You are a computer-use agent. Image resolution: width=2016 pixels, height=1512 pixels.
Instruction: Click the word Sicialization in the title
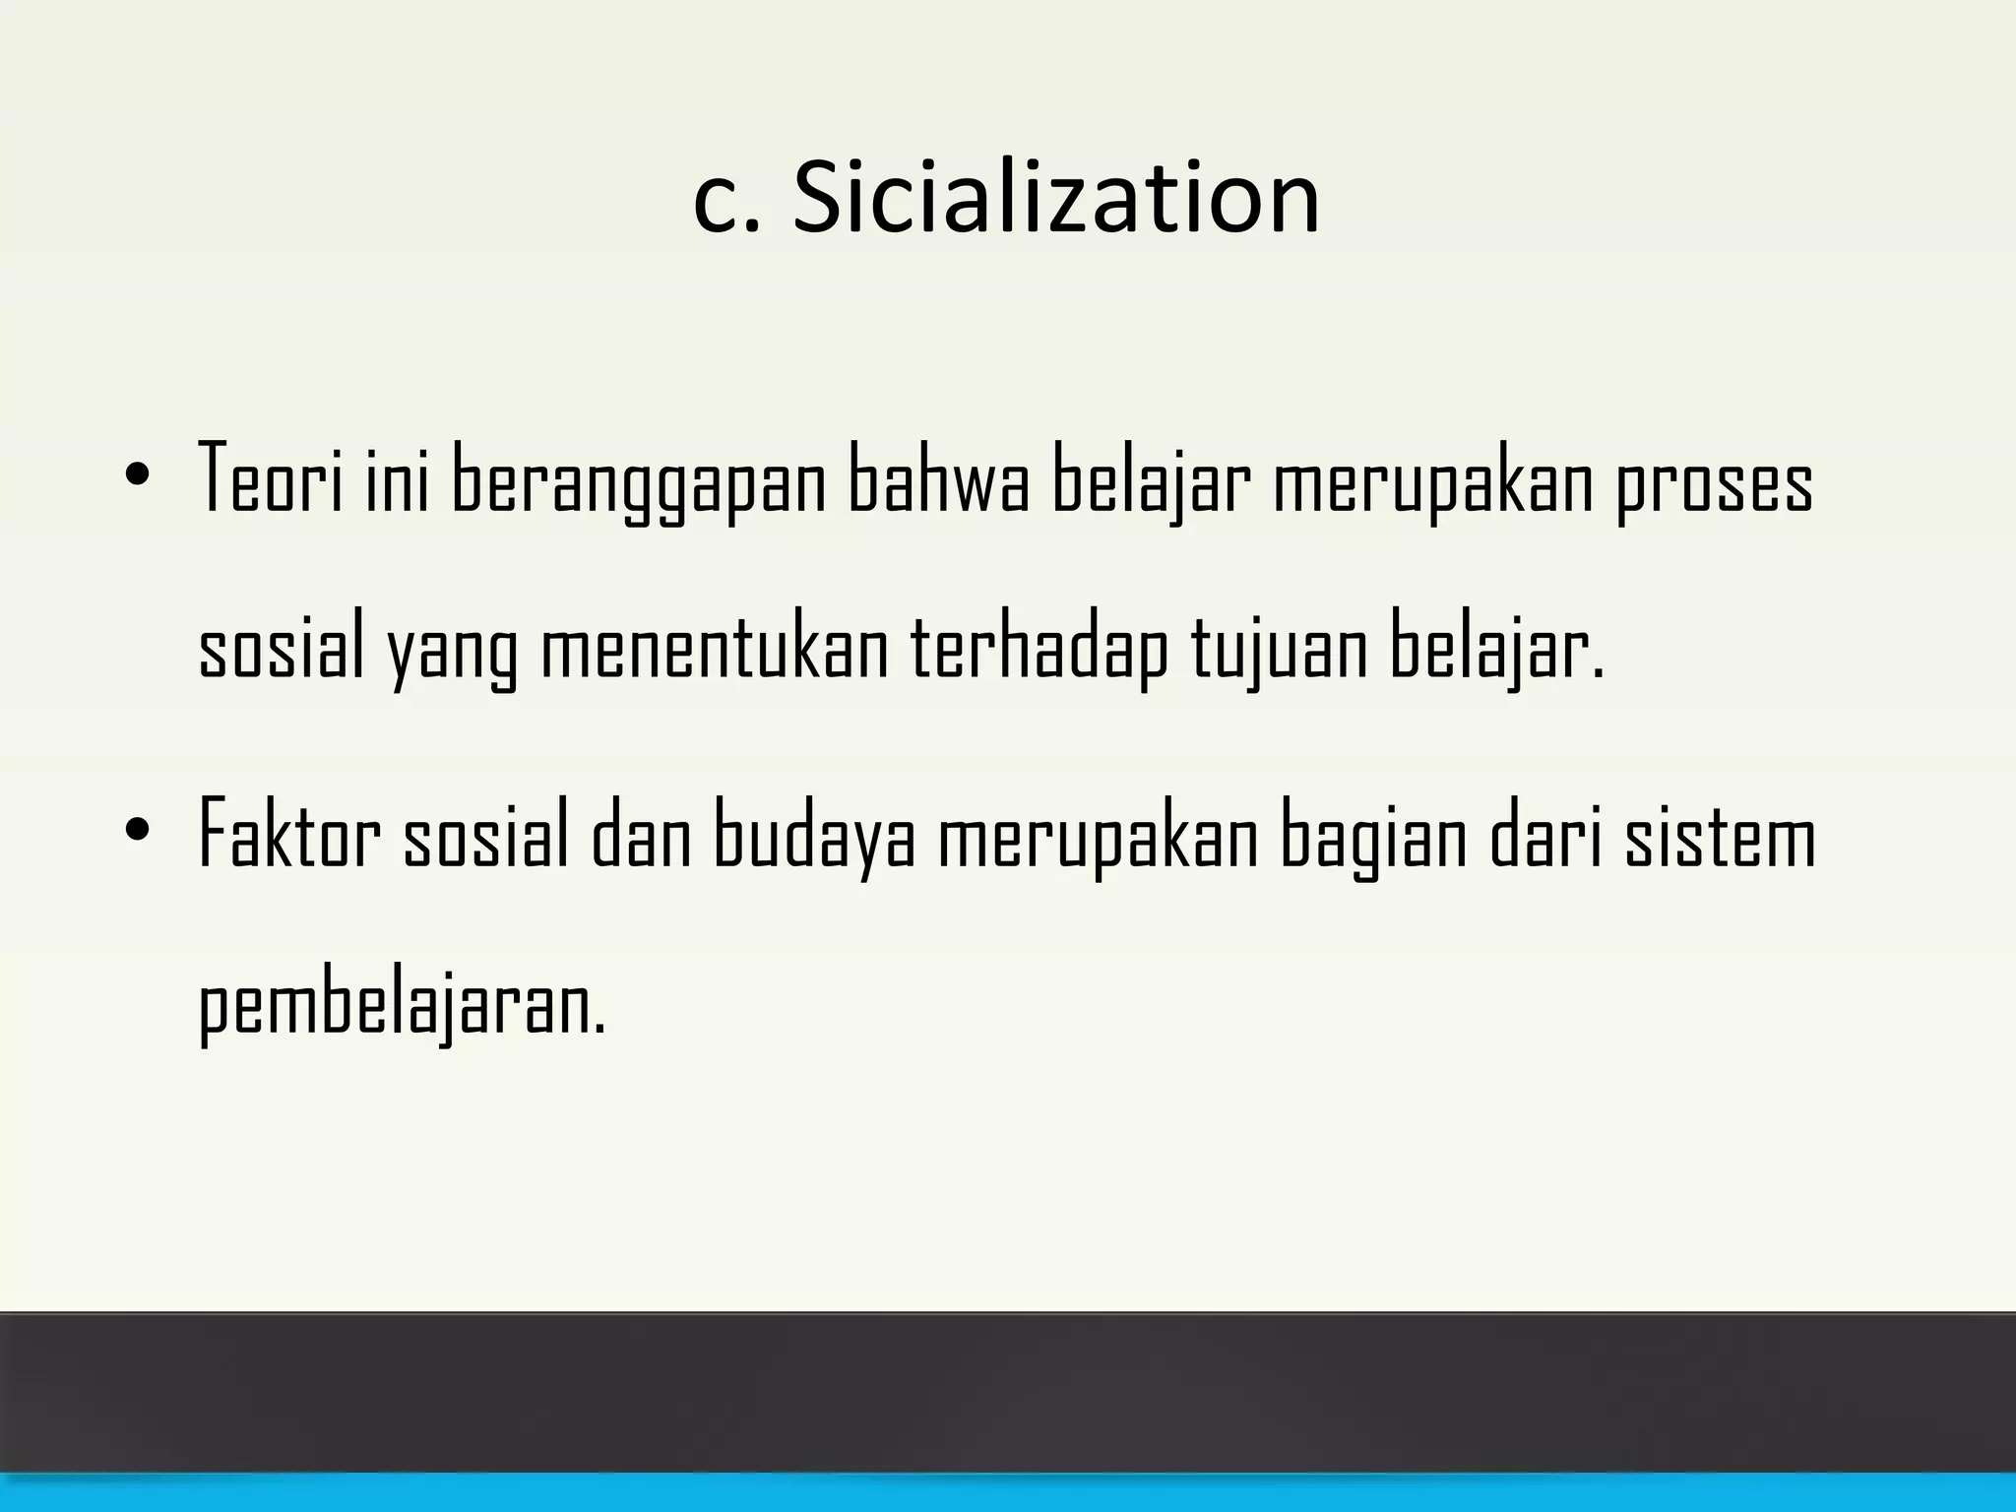(1055, 199)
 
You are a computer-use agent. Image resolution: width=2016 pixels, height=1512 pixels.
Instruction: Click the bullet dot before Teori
(138, 474)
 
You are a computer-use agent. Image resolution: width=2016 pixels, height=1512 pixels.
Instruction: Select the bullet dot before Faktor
(138, 829)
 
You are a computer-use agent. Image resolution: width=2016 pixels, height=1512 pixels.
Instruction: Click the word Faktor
(289, 835)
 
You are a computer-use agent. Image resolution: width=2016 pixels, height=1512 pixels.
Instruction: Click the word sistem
(1719, 835)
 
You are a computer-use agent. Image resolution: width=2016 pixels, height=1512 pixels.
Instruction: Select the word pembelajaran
(403, 1006)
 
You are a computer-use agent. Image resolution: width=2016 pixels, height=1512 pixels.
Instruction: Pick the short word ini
(398, 479)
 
